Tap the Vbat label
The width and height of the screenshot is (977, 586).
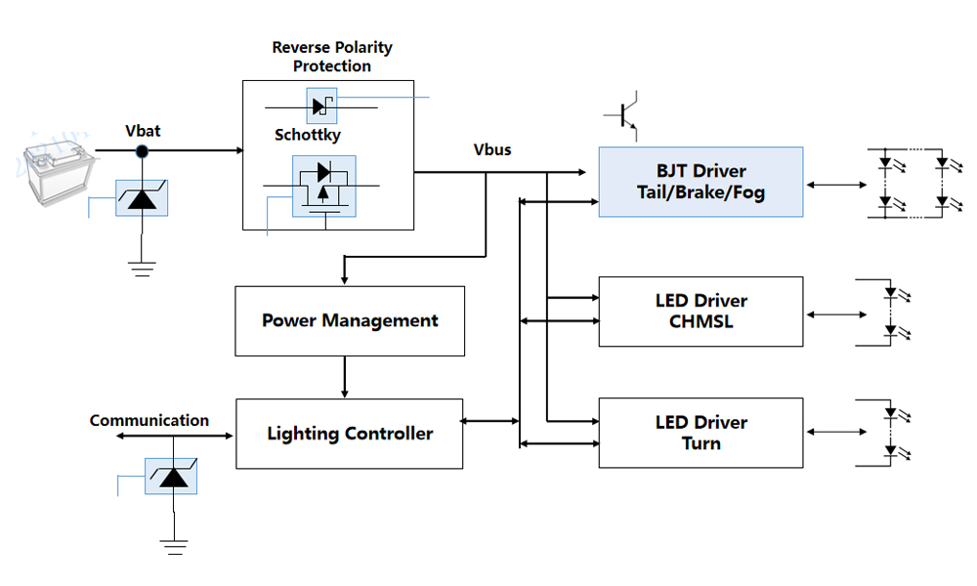[143, 131]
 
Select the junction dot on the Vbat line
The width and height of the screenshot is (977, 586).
[142, 150]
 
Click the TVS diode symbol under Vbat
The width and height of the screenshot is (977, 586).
[142, 197]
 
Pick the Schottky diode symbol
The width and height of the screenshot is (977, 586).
[321, 105]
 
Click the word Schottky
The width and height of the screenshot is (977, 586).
[308, 135]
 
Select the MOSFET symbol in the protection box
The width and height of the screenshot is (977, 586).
[324, 187]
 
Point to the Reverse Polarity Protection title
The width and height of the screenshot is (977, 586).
[332, 57]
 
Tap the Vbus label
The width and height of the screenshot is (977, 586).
[492, 149]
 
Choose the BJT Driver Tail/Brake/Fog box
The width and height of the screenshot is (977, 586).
[701, 182]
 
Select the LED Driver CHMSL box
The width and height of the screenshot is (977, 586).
[701, 312]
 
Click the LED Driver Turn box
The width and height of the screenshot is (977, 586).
[701, 433]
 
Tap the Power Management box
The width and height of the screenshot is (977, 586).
[350, 320]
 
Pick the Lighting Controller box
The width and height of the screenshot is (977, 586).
[350, 433]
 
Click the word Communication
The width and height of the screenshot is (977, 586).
[149, 421]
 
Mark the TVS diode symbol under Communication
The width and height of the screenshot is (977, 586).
[171, 476]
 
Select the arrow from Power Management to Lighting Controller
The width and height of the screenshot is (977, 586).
[345, 377]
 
